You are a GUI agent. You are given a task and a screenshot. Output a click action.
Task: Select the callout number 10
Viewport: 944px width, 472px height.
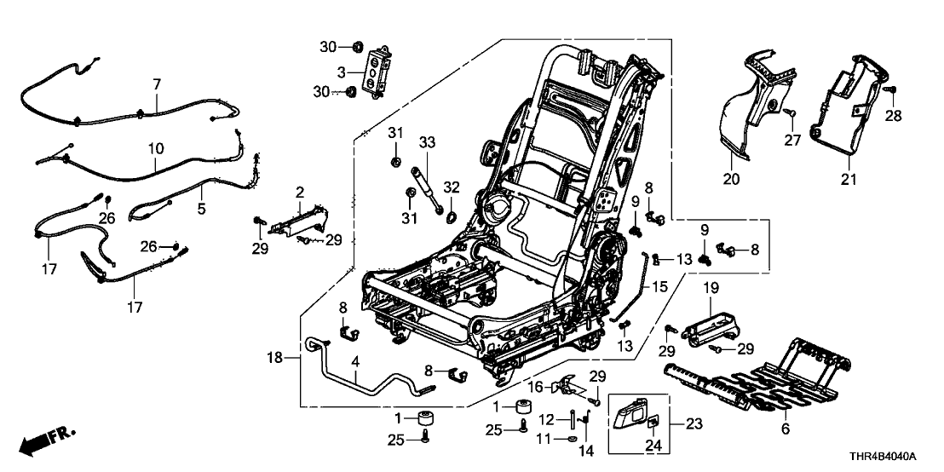click(x=155, y=148)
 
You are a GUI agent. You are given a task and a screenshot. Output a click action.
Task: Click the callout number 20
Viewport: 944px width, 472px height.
click(x=732, y=180)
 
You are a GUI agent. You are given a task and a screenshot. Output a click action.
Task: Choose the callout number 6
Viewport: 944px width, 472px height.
click(x=785, y=430)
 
